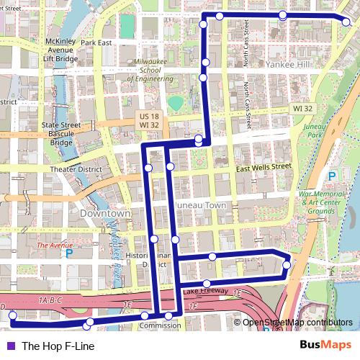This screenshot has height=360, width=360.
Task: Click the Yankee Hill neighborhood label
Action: click(x=287, y=64)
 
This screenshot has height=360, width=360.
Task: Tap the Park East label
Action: click(x=96, y=42)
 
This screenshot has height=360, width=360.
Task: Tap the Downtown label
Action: click(x=105, y=214)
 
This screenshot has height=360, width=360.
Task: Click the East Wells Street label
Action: click(x=264, y=167)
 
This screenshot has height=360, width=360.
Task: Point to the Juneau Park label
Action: click(x=315, y=130)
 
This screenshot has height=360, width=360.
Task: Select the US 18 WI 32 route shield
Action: click(x=149, y=120)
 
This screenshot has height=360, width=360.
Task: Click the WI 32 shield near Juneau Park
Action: click(x=303, y=108)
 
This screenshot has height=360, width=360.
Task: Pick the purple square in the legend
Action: click(x=10, y=346)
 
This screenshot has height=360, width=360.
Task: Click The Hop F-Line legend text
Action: click(x=58, y=346)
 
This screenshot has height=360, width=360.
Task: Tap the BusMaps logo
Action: click(x=325, y=345)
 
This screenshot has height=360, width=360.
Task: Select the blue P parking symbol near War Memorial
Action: click(x=332, y=176)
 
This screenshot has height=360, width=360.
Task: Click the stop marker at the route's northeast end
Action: click(x=346, y=23)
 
